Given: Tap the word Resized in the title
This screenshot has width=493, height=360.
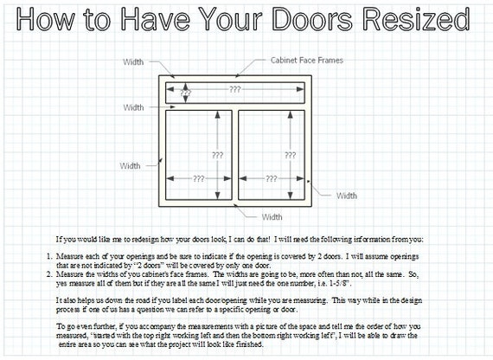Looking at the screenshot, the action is pyautogui.click(x=416, y=18).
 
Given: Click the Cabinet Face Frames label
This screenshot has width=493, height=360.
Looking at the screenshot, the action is pyautogui.click(x=307, y=60).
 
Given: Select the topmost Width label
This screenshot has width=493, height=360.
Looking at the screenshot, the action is pyautogui.click(x=133, y=62).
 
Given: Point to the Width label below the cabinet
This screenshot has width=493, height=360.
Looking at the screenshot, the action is pyautogui.click(x=272, y=217).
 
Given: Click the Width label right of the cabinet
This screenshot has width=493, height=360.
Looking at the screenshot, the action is pyautogui.click(x=347, y=196).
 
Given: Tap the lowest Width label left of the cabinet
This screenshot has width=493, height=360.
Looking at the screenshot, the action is pyautogui.click(x=130, y=166).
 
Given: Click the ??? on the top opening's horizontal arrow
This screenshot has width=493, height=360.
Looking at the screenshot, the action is pyautogui.click(x=235, y=89).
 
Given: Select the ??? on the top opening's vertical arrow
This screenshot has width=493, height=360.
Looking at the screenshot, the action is pyautogui.click(x=185, y=93).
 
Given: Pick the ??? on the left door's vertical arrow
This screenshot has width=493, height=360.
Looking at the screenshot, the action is pyautogui.click(x=217, y=155).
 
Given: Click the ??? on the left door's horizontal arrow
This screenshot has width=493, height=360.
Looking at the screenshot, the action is pyautogui.click(x=198, y=179).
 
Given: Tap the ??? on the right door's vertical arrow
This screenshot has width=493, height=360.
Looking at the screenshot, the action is pyautogui.click(x=291, y=155).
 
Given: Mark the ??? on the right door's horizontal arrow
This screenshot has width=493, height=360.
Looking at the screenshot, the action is pyautogui.click(x=271, y=179).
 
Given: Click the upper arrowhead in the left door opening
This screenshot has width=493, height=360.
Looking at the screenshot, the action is pyautogui.click(x=217, y=114).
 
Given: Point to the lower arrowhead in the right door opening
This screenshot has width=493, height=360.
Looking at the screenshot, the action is pyautogui.click(x=291, y=196).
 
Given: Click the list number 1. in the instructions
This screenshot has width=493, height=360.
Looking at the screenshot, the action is pyautogui.click(x=49, y=256).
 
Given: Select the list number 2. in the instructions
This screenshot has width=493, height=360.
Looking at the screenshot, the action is pyautogui.click(x=49, y=274).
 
